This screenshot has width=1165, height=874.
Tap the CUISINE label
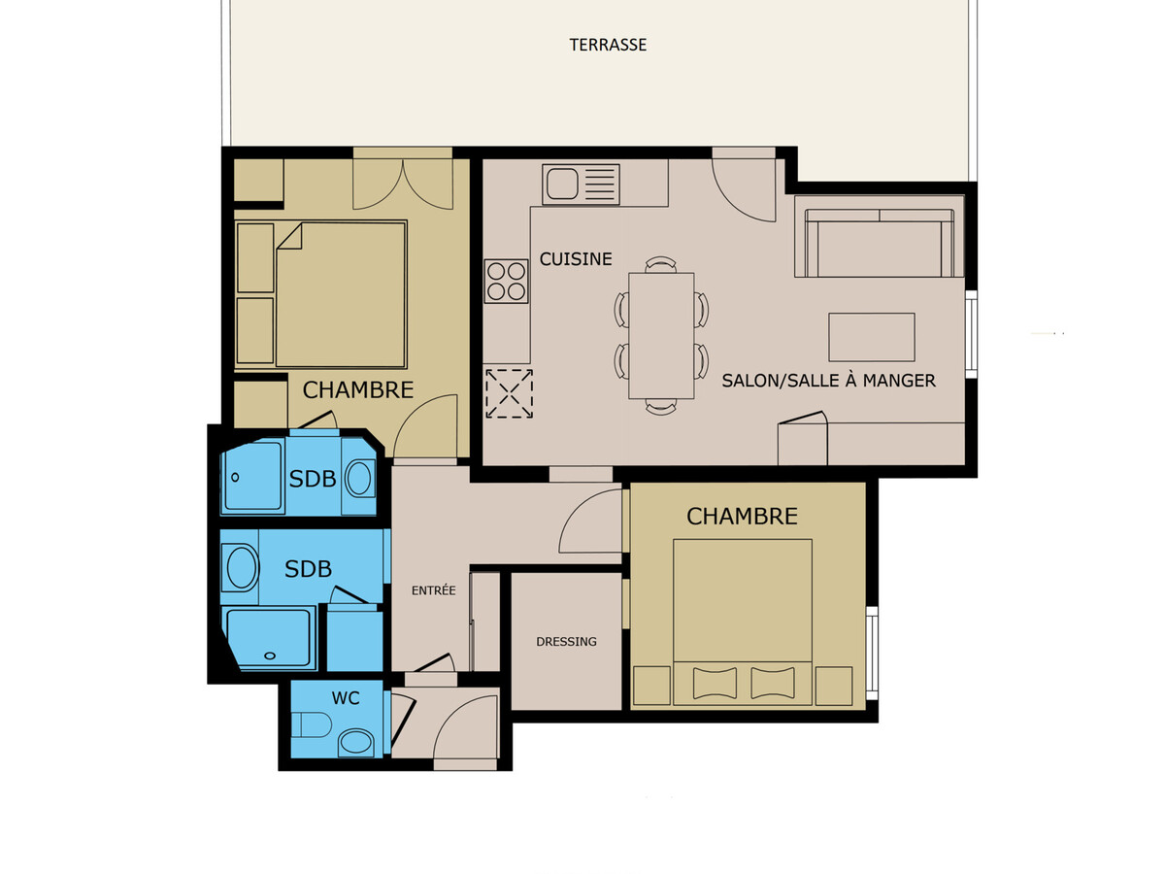coord(576,259)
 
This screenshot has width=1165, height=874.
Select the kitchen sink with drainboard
coord(581,185)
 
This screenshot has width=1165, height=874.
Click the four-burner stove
coord(507,282)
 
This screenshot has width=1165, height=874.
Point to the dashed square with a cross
coord(509,393)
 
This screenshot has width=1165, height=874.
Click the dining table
coord(661,335)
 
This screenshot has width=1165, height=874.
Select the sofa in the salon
coord(879,243)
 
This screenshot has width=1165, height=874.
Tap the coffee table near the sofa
coord(872,337)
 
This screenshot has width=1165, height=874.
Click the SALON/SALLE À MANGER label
coord(828,381)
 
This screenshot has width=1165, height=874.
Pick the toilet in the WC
coord(312,724)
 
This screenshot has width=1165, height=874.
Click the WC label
coord(346,698)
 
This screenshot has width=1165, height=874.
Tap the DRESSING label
coord(566,642)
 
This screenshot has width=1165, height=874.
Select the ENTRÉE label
coord(434,590)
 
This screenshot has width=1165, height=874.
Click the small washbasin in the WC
coord(356,742)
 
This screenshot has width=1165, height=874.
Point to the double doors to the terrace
coord(403,184)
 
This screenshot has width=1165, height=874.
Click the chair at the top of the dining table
coord(661,265)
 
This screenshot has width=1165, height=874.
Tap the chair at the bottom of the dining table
coord(661,407)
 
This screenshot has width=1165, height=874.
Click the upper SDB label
coord(312,479)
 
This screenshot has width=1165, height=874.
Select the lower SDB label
coord(308,569)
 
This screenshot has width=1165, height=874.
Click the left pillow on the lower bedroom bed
coord(715,683)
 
